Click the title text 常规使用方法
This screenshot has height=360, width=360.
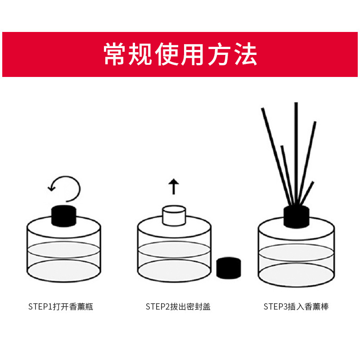tap(180, 55)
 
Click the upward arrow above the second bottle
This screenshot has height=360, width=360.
tap(174, 186)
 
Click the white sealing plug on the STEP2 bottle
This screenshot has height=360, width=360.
tap(174, 216)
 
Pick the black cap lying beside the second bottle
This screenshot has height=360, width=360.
tap(229, 268)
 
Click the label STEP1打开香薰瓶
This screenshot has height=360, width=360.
tap(61, 307)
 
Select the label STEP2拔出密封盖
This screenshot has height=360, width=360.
tap(178, 307)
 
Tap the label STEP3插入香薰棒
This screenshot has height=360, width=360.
tap(296, 307)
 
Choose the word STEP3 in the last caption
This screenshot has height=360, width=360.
tap(275, 307)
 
